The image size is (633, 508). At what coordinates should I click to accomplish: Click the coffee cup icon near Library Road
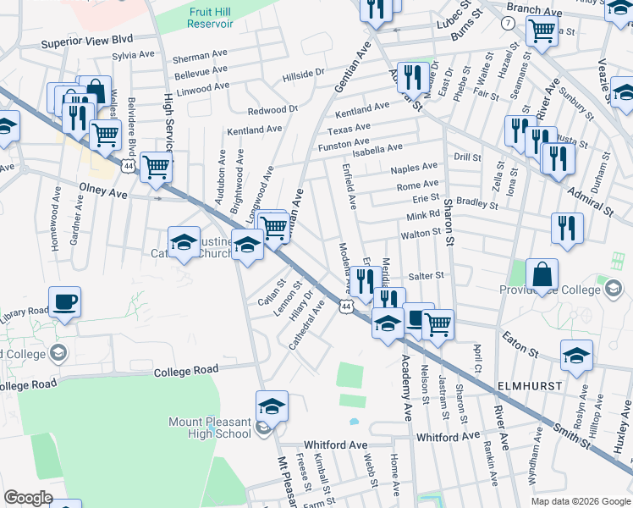click(x=65, y=302)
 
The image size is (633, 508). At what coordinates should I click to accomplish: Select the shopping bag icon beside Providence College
click(x=542, y=274)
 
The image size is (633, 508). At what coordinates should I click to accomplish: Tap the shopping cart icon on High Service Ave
click(x=156, y=167)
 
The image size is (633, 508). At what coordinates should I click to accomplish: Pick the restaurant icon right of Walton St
click(x=566, y=228)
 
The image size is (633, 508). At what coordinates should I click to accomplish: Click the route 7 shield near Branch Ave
click(x=506, y=23)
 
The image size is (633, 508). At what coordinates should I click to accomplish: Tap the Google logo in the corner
click(x=28, y=498)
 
